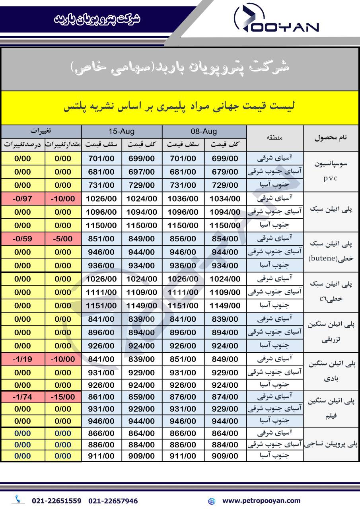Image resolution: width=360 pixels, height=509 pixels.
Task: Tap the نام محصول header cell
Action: [331, 138]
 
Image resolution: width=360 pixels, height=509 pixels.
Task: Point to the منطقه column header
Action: [275, 138]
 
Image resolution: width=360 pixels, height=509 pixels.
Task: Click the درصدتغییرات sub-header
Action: [22, 145]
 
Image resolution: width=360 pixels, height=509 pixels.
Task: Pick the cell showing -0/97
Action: [22, 199]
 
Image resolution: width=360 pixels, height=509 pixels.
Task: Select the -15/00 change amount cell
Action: [63, 397]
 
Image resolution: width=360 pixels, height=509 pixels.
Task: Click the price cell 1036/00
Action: [183, 199]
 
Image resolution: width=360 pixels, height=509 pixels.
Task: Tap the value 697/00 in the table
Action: [142, 172]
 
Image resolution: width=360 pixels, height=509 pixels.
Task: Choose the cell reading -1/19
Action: [22, 359]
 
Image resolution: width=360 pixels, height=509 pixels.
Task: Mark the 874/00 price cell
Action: [225, 397]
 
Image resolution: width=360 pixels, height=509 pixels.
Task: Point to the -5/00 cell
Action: [63, 239]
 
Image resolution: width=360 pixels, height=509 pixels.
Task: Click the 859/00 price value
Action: [142, 397]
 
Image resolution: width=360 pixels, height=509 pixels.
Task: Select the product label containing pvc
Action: [331, 171]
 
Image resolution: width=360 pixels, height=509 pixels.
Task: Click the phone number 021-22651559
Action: [56, 501]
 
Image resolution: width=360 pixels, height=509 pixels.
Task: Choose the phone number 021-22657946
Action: [113, 501]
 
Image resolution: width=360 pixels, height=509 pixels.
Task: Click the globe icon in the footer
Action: [212, 501]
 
